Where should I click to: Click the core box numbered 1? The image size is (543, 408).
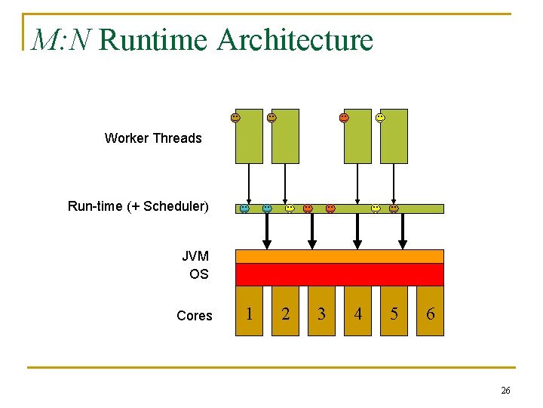coord(250,312)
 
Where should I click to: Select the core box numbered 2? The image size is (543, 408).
coord(285,312)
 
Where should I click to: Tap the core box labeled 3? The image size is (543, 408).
coord(321,312)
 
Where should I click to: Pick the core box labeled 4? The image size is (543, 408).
coord(357,312)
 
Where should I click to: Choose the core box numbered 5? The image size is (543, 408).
coord(394,312)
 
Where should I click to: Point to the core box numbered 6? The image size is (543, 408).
coord(430,312)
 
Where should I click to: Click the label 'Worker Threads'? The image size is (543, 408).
coord(153,138)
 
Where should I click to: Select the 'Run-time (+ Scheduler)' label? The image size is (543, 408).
coord(138,206)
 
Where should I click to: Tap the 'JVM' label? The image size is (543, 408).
coord(195,256)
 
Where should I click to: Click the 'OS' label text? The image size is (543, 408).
coord(199,274)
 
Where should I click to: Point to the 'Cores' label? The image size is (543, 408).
coord(195,316)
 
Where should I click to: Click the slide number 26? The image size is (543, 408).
coord(505,390)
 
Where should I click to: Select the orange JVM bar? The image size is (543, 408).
coord(339,256)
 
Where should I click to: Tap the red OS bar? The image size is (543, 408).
coord(339,274)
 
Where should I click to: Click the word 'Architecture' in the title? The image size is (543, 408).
coord(295,40)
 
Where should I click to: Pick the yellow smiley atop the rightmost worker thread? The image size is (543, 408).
coord(380,118)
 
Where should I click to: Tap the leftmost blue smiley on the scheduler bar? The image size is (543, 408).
coord(244,209)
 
